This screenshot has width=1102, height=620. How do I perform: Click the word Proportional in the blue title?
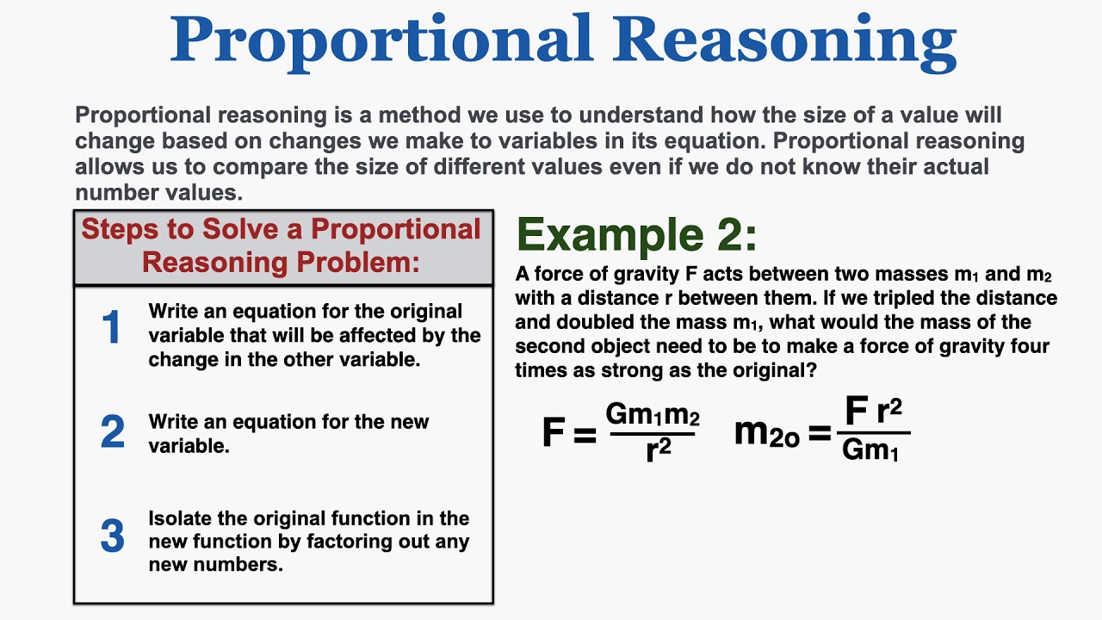click(382, 40)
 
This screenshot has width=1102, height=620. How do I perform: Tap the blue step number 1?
click(112, 329)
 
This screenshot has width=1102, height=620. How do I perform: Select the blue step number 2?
click(112, 432)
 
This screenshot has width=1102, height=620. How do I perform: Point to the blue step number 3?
click(112, 536)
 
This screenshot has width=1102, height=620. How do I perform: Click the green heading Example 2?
click(636, 235)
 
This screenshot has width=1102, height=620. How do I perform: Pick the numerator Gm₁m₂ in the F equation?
click(653, 416)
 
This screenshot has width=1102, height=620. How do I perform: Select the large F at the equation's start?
click(554, 432)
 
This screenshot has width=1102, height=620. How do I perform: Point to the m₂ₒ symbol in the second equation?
click(766, 433)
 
